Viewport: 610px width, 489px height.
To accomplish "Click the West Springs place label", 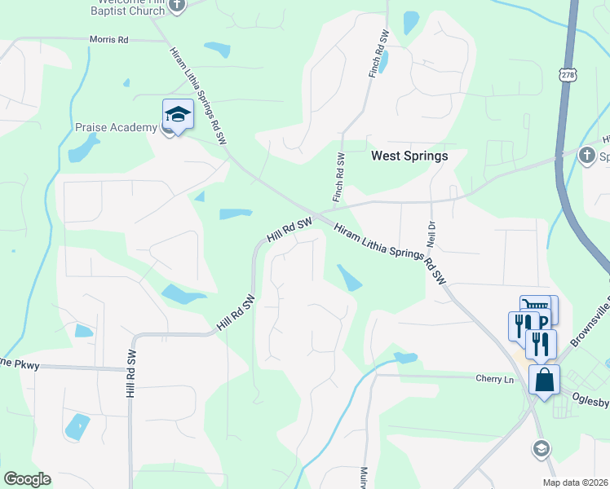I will coord(409,155).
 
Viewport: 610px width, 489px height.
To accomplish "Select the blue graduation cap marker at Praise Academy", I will coord(177,115).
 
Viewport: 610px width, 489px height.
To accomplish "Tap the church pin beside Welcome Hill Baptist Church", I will coord(179,5).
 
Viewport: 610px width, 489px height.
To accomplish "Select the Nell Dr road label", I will coord(431,233).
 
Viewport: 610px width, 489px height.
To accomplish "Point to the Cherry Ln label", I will coord(495,378).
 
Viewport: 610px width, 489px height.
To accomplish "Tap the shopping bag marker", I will coord(544,380).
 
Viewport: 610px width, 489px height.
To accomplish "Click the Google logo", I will coord(27,479).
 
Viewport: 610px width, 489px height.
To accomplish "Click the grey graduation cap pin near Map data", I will coord(540,448).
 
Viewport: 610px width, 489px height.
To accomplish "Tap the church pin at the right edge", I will coord(586,155).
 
